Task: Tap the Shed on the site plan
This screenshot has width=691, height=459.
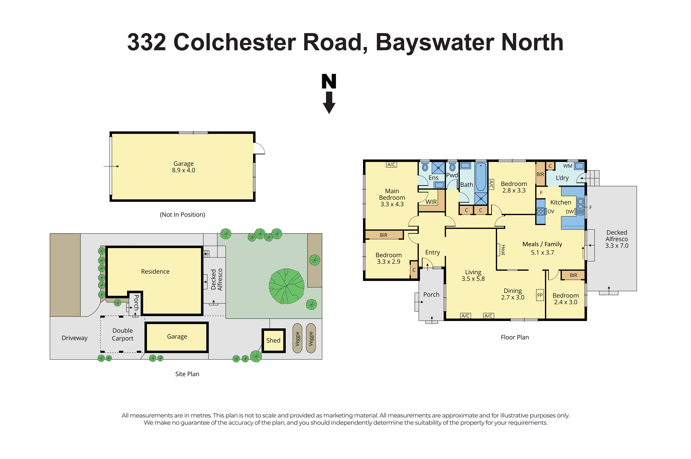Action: tap(273, 340)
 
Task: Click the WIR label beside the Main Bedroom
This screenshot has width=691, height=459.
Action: tap(431, 202)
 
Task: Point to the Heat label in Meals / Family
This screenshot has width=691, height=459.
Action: tap(503, 250)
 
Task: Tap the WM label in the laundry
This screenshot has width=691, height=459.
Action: tap(568, 166)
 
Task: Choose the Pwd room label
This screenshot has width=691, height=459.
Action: tap(452, 175)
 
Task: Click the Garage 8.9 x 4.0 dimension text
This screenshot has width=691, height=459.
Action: tap(183, 170)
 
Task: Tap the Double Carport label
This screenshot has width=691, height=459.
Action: tap(123, 334)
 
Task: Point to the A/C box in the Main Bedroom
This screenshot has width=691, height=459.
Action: tap(391, 165)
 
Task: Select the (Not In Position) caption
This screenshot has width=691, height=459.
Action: tap(182, 215)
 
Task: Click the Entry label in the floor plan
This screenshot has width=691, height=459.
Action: tap(433, 252)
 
